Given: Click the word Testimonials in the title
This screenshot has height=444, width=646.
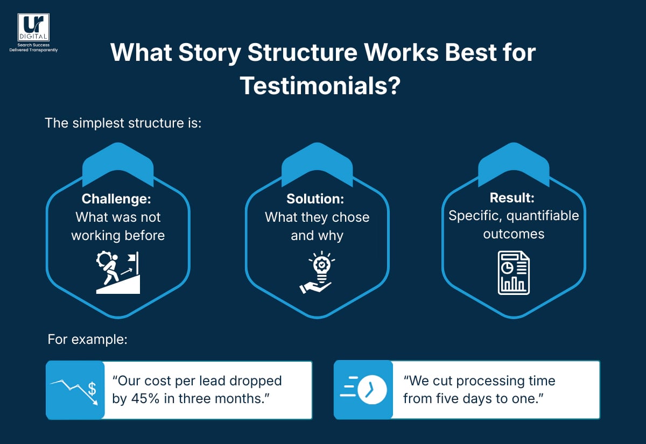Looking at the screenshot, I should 313,86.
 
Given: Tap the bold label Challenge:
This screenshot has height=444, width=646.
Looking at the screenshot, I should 117,199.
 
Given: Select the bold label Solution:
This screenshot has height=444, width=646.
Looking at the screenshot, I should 315,199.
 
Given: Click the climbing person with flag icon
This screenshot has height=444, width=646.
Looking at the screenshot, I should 118,273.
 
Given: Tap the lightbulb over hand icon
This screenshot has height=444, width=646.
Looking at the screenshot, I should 317,272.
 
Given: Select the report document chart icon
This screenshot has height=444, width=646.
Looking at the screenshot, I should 514,273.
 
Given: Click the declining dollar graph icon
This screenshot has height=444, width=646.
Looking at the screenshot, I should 75,390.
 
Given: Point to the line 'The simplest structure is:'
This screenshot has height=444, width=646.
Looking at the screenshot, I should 123,123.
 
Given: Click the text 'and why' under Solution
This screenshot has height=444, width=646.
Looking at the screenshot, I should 317,236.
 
